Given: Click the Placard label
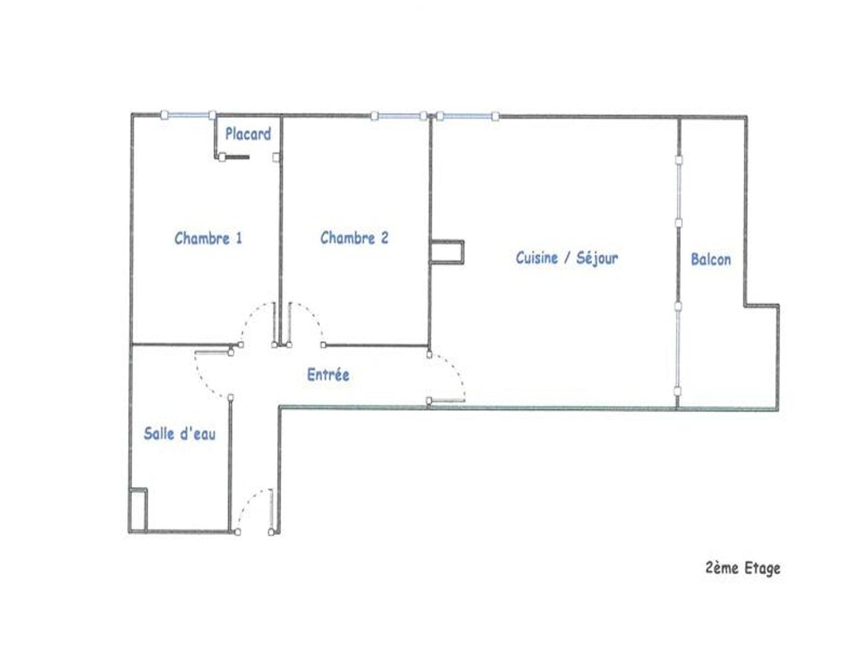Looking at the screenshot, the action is pyautogui.click(x=248, y=134).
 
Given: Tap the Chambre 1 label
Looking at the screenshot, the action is pyautogui.click(x=208, y=238).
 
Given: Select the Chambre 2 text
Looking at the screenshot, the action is pyautogui.click(x=354, y=238).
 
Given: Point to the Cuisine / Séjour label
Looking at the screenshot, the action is pyautogui.click(x=567, y=258).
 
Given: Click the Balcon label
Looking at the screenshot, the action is pyautogui.click(x=711, y=259).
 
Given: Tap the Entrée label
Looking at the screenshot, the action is pyautogui.click(x=328, y=374).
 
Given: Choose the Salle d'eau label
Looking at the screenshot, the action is pyautogui.click(x=180, y=433).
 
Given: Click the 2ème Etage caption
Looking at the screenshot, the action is pyautogui.click(x=742, y=568).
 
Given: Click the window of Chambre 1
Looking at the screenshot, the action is pyautogui.click(x=189, y=115).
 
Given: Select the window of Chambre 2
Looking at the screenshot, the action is pyautogui.click(x=399, y=116).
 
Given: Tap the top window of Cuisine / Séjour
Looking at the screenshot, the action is pyautogui.click(x=468, y=117).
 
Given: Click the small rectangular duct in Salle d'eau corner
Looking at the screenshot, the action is pyautogui.click(x=138, y=509).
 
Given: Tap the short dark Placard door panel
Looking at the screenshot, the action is pyautogui.click(x=237, y=157).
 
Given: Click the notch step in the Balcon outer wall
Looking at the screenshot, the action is pyautogui.click(x=761, y=306).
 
